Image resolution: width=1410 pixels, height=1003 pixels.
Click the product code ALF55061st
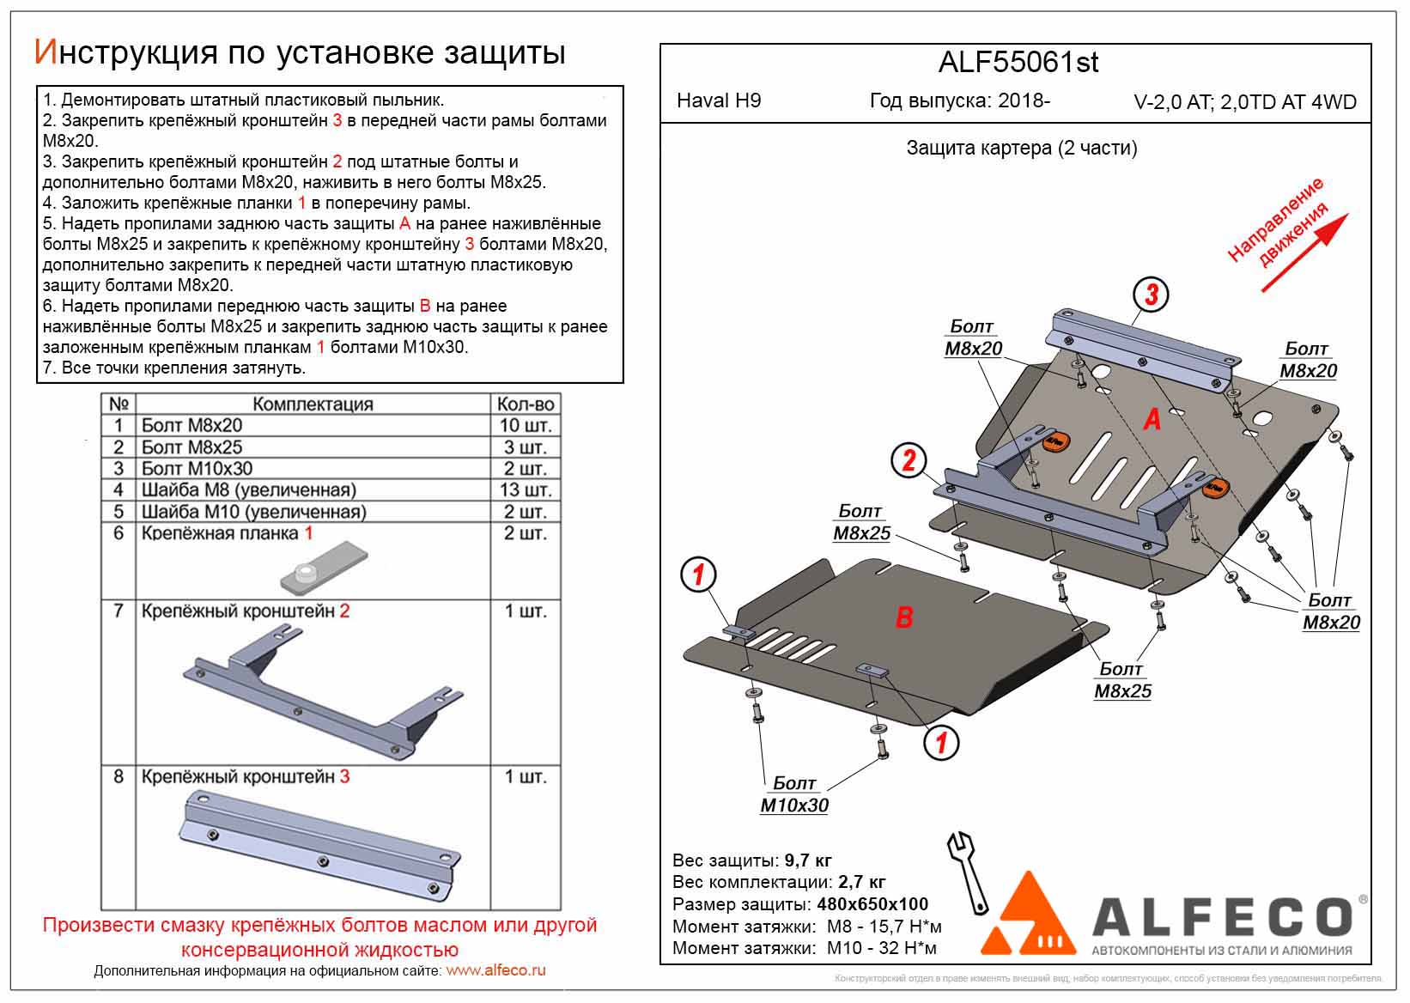click(x=1018, y=63)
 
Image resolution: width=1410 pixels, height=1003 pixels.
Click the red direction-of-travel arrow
click(x=1304, y=252)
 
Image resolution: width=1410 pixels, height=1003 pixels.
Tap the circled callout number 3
click(x=1151, y=295)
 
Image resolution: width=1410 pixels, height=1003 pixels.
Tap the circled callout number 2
click(x=909, y=461)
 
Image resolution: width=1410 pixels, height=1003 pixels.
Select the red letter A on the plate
click(x=1152, y=419)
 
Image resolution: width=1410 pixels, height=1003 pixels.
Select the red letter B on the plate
click(x=903, y=617)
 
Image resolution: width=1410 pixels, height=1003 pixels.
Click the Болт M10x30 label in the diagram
click(x=794, y=794)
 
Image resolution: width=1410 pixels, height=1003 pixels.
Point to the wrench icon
click(x=967, y=871)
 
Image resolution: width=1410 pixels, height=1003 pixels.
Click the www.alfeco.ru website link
click(x=495, y=970)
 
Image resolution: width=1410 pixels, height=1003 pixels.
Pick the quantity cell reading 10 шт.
click(x=525, y=425)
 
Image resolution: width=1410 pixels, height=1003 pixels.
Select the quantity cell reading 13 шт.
click(x=525, y=489)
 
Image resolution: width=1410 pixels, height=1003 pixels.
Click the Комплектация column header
click(x=313, y=404)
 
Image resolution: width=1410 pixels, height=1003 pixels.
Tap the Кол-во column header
click(x=525, y=404)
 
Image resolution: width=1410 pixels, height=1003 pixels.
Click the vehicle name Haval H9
click(x=719, y=100)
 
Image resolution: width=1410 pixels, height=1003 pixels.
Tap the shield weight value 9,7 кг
click(x=808, y=860)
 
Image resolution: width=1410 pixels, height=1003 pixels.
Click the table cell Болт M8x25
click(x=191, y=447)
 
